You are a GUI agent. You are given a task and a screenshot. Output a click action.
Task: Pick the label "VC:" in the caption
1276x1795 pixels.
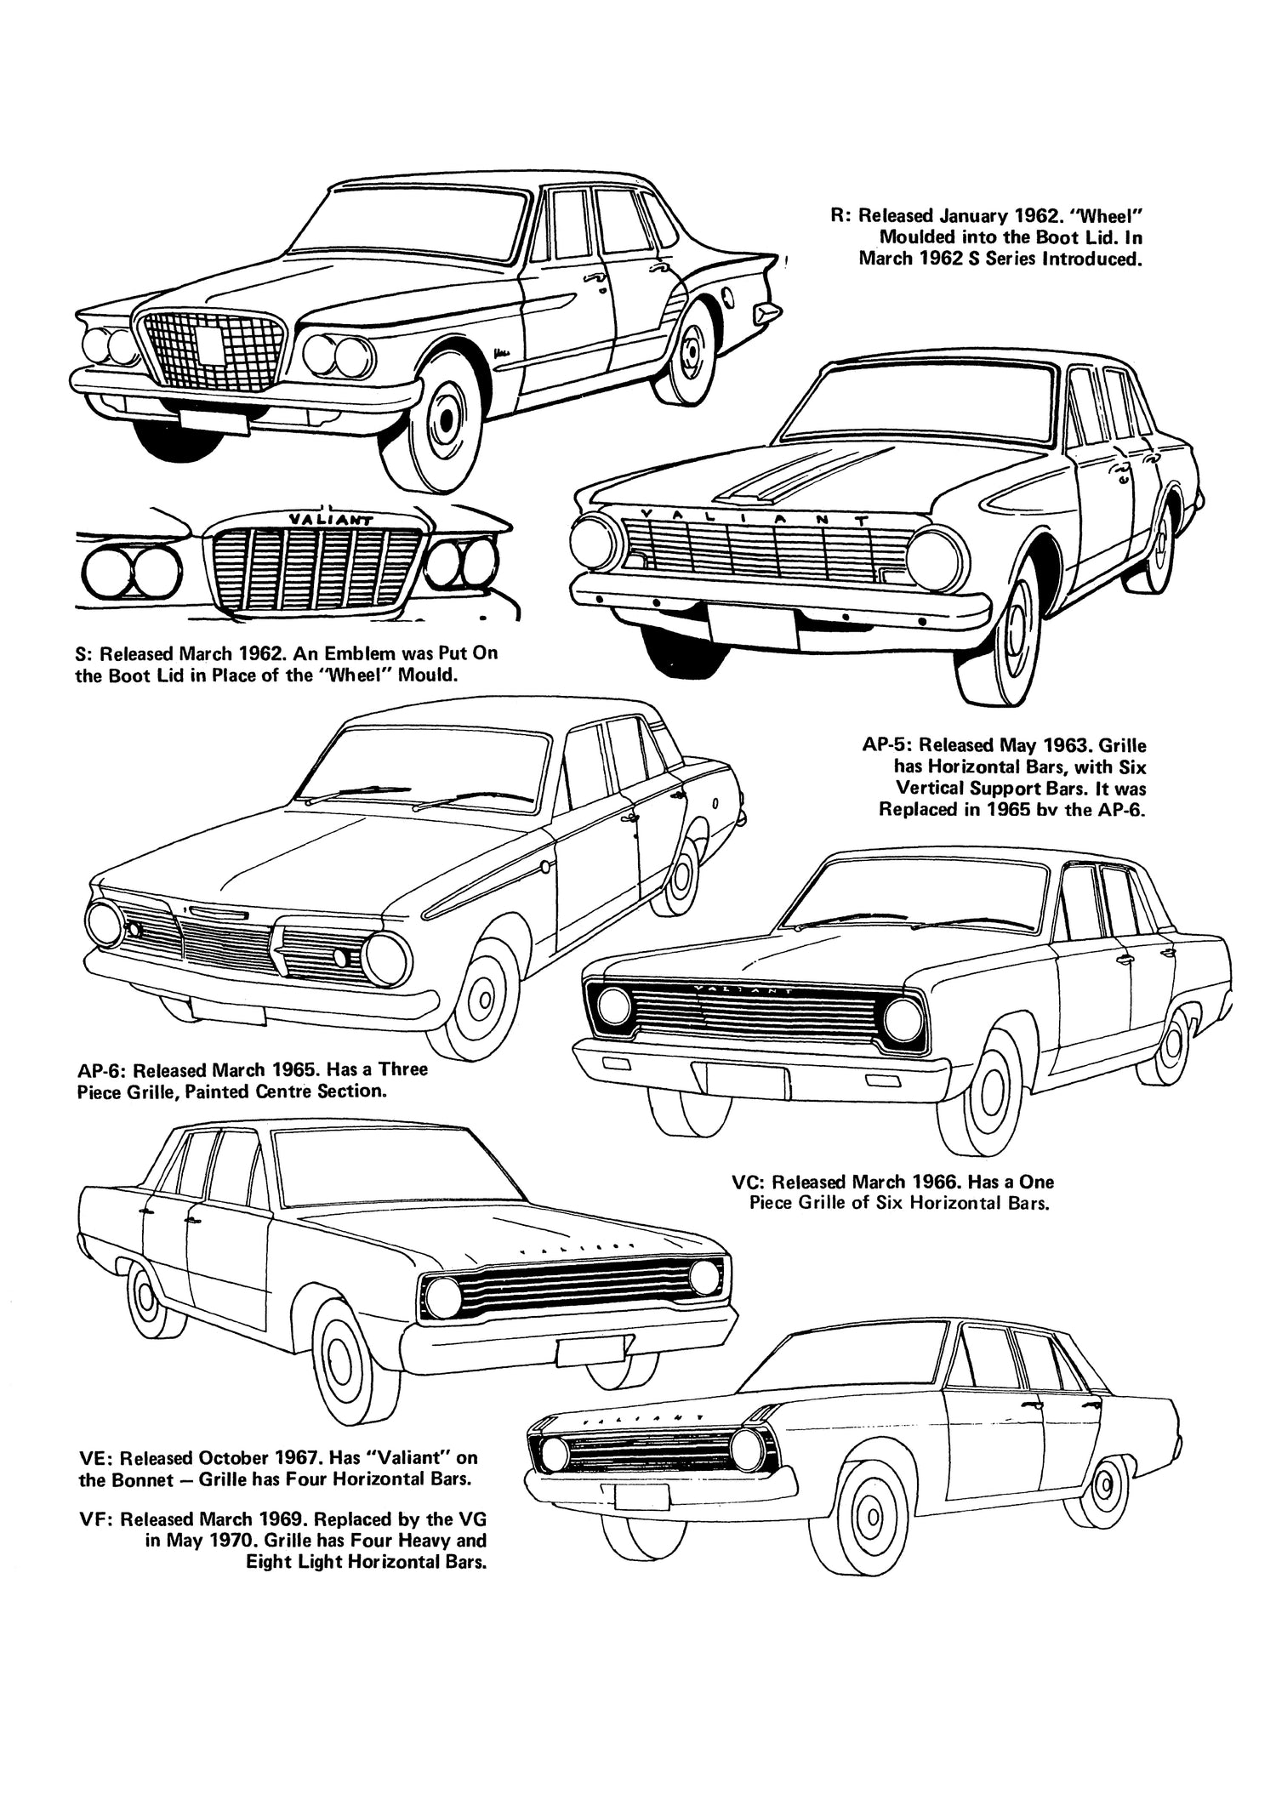click(x=748, y=1182)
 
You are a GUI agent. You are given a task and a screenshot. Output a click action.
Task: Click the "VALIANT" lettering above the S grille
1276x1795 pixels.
click(x=320, y=518)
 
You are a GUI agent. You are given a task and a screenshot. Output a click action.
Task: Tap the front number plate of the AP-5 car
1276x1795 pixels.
click(x=752, y=628)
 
